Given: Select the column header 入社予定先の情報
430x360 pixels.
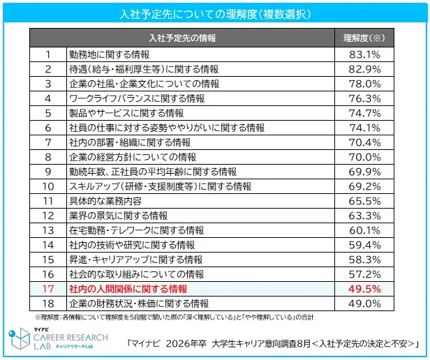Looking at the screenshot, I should [x=183, y=37].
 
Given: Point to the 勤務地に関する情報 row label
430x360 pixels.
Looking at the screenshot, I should [x=108, y=54].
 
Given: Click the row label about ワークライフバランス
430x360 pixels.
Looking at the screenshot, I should [x=137, y=98].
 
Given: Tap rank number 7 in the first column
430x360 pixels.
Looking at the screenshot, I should [x=48, y=142].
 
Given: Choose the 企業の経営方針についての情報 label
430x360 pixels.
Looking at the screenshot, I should [x=133, y=157].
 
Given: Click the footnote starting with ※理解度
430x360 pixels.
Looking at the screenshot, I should [x=175, y=317].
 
